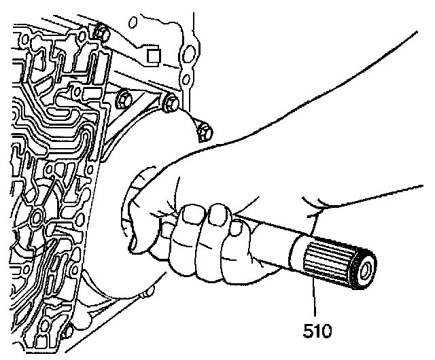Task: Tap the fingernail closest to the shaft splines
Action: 218,217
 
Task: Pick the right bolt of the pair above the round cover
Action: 169,103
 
